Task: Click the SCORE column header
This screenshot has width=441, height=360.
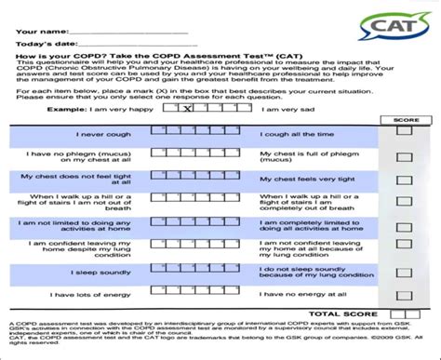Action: click(x=405, y=121)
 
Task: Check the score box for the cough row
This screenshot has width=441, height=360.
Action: click(x=403, y=133)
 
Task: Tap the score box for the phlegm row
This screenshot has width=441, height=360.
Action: click(x=403, y=155)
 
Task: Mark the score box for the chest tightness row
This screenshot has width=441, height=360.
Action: click(x=403, y=179)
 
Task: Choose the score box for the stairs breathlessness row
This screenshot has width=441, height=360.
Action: click(x=403, y=203)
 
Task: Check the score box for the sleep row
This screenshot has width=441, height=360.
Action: click(x=403, y=272)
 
